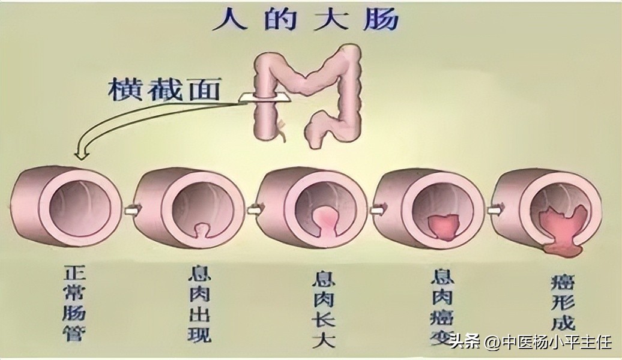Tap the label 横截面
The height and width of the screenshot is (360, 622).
164,91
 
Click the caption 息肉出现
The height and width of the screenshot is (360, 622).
201,305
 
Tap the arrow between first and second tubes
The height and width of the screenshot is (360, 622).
128,209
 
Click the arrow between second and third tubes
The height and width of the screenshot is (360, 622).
252,209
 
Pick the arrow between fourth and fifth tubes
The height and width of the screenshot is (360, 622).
493,209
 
